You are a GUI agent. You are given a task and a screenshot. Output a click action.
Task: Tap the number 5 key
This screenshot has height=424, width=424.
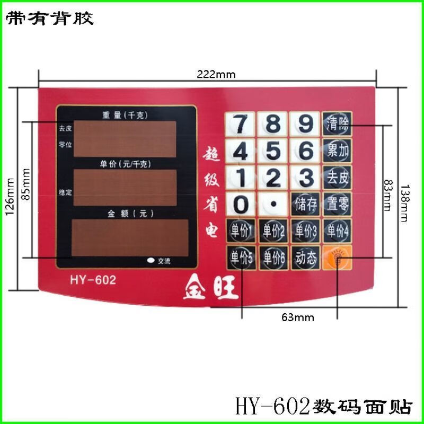pos(273,151)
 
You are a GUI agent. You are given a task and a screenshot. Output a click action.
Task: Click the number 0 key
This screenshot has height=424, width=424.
pos(241,204)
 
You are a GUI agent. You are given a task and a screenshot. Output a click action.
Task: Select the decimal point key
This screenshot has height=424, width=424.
pos(273,204)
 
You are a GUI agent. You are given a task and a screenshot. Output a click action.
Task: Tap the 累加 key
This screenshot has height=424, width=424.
pos(338,151)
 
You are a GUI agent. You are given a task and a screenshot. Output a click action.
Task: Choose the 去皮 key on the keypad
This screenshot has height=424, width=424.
pos(338,177)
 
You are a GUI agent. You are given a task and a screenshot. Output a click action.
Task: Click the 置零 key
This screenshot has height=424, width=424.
pos(338,204)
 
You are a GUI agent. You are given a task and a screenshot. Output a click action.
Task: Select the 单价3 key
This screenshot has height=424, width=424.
pos(305,231)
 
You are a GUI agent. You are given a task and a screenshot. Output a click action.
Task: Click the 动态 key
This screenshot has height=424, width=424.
pos(306,258)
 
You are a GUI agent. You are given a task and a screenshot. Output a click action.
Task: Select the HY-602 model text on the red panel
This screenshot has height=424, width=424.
pos(92,280)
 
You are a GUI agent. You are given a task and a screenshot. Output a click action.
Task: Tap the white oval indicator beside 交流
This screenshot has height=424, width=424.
pos(151,260)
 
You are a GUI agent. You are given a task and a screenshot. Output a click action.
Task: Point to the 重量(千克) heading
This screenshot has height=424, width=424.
pos(126,115)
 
